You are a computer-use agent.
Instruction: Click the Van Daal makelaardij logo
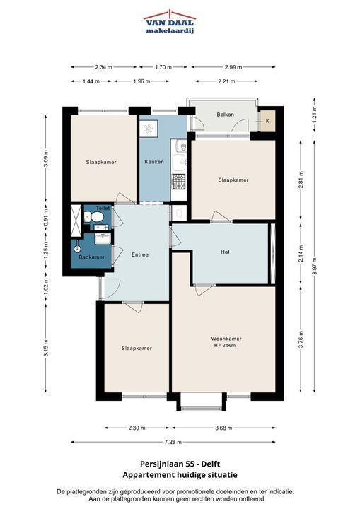pyautogui.click(x=170, y=22)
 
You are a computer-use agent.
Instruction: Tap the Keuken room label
pyautogui.click(x=154, y=162)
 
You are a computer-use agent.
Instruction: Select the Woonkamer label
pyautogui.click(x=226, y=339)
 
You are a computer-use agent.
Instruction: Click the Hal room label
pyautogui.click(x=225, y=252)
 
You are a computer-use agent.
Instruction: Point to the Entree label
pyautogui.click(x=140, y=255)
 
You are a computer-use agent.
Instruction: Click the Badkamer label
pyautogui.click(x=92, y=257)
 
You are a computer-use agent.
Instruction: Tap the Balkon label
pyautogui.click(x=225, y=115)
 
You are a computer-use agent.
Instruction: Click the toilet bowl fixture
pyautogui.click(x=94, y=216)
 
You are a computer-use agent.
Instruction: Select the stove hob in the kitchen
pyautogui.click(x=179, y=182)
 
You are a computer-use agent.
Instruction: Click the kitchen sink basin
pyautogui.click(x=179, y=163)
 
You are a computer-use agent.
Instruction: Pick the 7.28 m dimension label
pyautogui.click(x=173, y=442)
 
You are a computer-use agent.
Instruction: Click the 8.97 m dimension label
pyautogui.click(x=315, y=266)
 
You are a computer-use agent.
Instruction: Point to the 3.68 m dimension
pyautogui.click(x=223, y=428)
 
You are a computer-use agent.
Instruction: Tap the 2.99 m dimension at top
pyautogui.click(x=233, y=67)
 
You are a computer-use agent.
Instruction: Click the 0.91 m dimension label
pyautogui.click(x=46, y=217)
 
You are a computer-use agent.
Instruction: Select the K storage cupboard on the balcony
pyautogui.click(x=267, y=121)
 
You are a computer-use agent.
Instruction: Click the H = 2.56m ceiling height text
pyautogui.click(x=225, y=346)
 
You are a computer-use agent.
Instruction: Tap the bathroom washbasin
pyautogui.click(x=103, y=239)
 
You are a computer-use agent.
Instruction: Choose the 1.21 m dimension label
pyautogui.click(x=315, y=115)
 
